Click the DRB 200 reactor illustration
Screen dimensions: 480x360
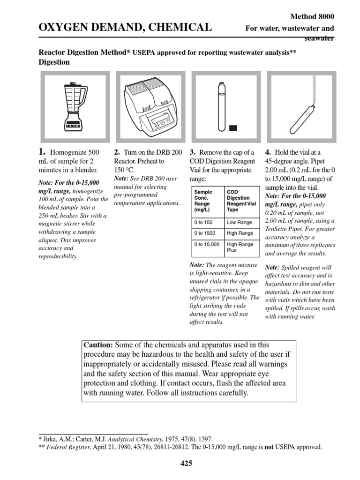point(148,106)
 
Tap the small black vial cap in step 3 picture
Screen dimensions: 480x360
point(233,127)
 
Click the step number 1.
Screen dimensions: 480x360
point(42,152)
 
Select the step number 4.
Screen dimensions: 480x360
point(268,152)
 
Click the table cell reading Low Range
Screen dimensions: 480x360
point(239,223)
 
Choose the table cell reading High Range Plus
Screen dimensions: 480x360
point(240,247)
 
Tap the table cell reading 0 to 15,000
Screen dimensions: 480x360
point(206,245)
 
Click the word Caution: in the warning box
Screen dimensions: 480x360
point(98,345)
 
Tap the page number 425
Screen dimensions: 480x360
point(186,464)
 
